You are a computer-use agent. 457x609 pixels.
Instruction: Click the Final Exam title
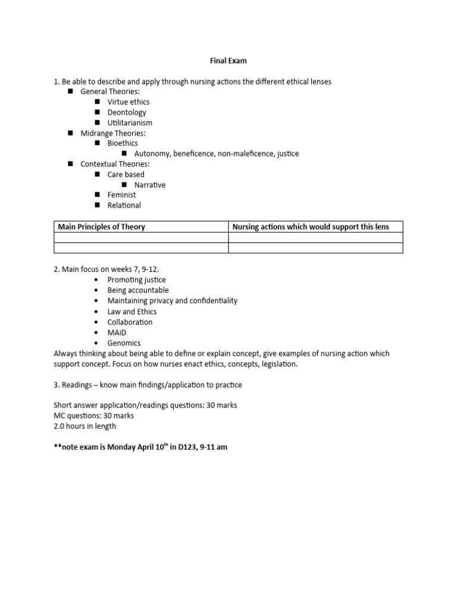pos(228,60)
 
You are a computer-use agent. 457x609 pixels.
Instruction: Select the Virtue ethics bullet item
pos(128,102)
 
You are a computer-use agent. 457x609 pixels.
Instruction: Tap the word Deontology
pos(127,112)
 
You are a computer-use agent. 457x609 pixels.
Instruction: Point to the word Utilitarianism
pos(130,123)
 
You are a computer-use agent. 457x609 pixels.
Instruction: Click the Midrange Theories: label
pos(113,133)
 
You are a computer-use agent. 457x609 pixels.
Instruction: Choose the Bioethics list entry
pos(123,143)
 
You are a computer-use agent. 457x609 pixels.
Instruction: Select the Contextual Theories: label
pos(115,164)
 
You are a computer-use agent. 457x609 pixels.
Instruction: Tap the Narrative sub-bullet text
pos(150,185)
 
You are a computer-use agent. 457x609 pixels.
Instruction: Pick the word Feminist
pos(121,194)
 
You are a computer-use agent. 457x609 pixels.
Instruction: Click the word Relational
pos(124,205)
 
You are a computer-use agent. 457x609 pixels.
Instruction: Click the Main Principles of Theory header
pos(101,227)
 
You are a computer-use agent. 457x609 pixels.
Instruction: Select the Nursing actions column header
pos(310,227)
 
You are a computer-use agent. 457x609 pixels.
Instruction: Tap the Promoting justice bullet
pos(136,280)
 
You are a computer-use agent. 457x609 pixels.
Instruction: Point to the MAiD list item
pos(117,332)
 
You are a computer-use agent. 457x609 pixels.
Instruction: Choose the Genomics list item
pos(124,343)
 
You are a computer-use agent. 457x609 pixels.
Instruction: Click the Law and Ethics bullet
pos(132,312)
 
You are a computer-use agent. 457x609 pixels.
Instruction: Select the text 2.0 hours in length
pos(84,426)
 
